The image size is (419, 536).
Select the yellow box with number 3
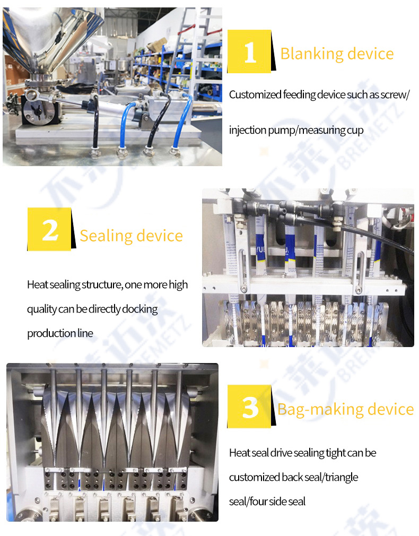coord(249,407)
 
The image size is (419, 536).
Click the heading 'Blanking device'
coord(337,54)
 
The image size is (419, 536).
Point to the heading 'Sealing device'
coord(131,236)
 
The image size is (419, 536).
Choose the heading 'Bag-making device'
coord(345,409)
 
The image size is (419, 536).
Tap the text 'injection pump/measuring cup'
coord(296,130)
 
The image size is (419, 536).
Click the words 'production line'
coord(60,333)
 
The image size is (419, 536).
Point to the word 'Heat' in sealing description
coord(37,284)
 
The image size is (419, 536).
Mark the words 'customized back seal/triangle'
coord(293,477)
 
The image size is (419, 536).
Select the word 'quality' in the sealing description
coord(42,309)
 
